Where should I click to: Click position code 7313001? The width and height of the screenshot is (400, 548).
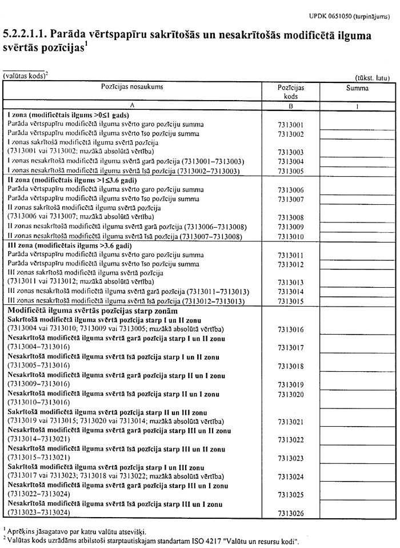290,124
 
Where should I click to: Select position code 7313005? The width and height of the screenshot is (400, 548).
290,171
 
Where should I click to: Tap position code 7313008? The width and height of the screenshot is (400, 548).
290,217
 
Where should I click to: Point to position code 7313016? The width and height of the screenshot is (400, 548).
290,329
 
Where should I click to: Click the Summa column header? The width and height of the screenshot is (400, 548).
357,88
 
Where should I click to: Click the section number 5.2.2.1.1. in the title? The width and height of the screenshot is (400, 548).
27,35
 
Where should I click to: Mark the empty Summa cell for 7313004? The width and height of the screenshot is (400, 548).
357,162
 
